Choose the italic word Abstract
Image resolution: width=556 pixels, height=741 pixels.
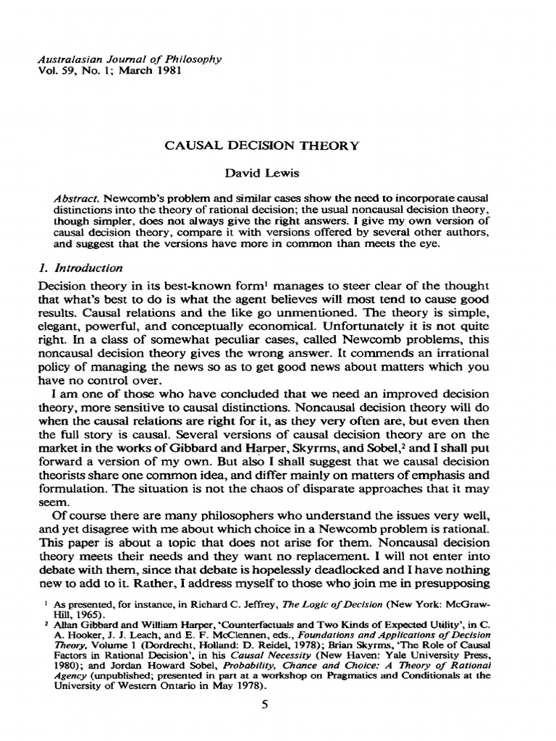[76, 198]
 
